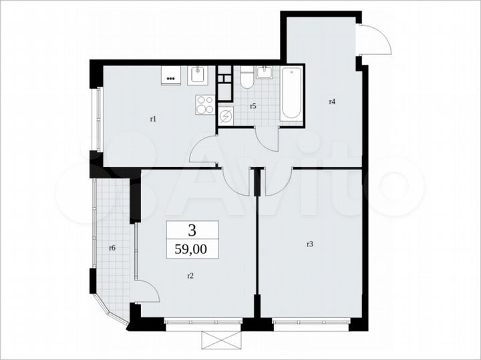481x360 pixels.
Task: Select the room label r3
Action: tap(309, 245)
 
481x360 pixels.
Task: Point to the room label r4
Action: tap(331, 102)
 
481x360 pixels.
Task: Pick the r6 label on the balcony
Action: tap(112, 248)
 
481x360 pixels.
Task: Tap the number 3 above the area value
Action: tap(192, 231)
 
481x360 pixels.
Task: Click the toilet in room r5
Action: tap(246, 79)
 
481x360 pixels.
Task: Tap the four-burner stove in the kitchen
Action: tap(205, 104)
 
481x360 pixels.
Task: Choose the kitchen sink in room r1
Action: tap(198, 75)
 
